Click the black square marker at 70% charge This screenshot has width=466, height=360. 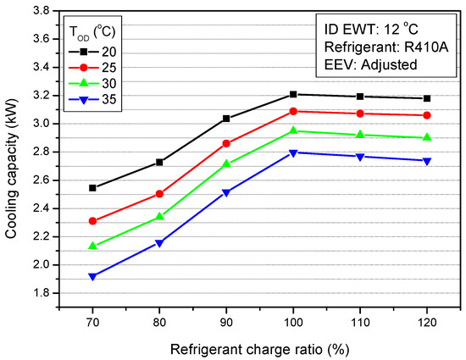pyautogui.click(x=92, y=188)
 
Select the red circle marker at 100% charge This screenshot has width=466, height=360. pyautogui.click(x=293, y=111)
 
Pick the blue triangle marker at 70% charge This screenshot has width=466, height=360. pyautogui.click(x=92, y=276)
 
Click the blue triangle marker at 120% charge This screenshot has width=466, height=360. pyautogui.click(x=427, y=161)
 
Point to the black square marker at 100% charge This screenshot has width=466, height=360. pyautogui.click(x=293, y=94)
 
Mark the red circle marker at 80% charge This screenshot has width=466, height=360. pyautogui.click(x=159, y=194)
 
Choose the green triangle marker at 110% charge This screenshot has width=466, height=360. pyautogui.click(x=360, y=135)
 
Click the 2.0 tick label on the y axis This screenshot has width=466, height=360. pyautogui.click(x=43, y=265)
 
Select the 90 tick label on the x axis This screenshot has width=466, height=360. pyautogui.click(x=226, y=323)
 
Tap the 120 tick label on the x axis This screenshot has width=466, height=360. pyautogui.click(x=427, y=323)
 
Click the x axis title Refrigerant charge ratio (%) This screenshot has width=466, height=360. pyautogui.click(x=259, y=347)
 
